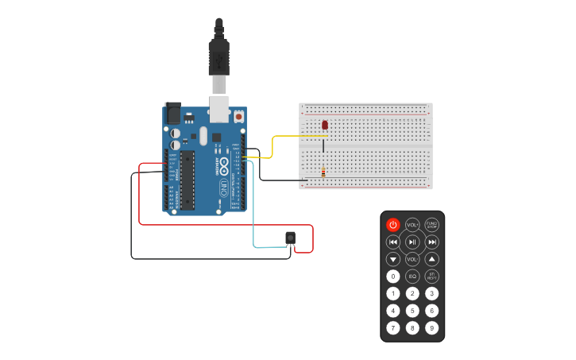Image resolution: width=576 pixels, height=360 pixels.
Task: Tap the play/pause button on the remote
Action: (412, 242)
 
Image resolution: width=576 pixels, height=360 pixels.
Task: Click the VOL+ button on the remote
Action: (412, 225)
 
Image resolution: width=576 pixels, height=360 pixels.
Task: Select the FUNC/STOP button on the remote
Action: (431, 225)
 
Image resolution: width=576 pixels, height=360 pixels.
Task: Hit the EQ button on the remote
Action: (412, 277)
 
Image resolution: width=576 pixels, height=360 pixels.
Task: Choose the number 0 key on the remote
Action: (393, 277)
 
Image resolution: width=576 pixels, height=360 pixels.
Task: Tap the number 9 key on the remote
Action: (431, 327)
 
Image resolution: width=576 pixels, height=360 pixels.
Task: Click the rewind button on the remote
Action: (393, 242)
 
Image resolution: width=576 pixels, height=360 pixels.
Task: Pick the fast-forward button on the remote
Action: (431, 242)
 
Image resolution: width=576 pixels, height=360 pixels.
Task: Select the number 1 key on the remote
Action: (393, 293)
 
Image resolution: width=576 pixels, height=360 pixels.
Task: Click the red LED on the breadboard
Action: (325, 125)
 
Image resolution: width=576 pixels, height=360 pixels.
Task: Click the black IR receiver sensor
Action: (291, 238)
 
